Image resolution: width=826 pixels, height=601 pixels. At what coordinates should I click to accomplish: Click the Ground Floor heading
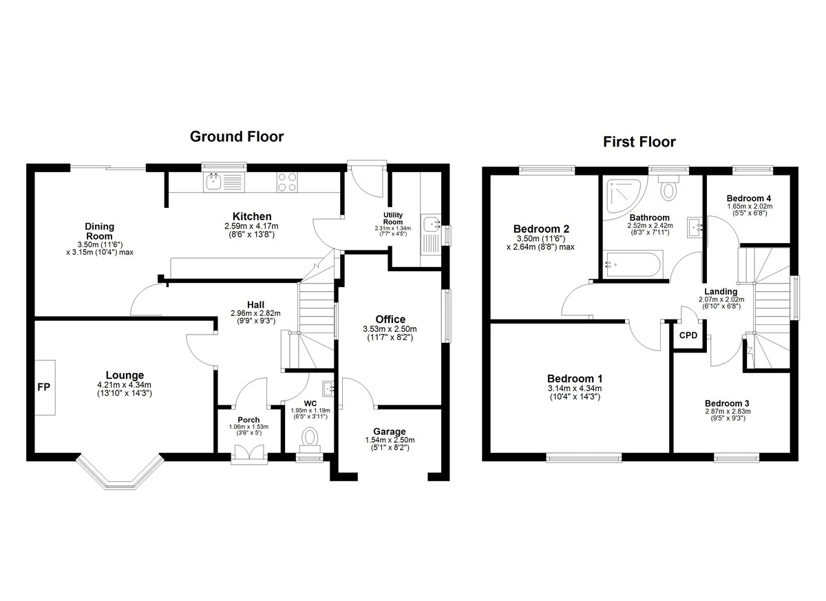(237, 137)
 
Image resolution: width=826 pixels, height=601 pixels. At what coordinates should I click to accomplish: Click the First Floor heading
(639, 142)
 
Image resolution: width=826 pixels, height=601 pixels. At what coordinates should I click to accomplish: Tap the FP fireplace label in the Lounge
(43, 387)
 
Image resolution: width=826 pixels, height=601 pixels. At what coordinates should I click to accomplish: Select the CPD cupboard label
(688, 335)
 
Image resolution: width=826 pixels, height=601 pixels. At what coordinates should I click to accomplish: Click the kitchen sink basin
(213, 182)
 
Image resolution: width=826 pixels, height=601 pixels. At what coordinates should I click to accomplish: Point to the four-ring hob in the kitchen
(287, 182)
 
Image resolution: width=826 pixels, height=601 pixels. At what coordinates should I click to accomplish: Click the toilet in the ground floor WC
(310, 440)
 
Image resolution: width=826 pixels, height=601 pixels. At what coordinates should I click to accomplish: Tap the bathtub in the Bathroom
(633, 263)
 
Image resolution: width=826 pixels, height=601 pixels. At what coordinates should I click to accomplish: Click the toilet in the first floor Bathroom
(668, 188)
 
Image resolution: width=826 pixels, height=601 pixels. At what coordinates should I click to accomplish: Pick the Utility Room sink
(430, 224)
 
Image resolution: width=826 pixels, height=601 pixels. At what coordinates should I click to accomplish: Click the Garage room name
(390, 432)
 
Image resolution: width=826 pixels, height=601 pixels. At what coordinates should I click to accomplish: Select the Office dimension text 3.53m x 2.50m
(390, 329)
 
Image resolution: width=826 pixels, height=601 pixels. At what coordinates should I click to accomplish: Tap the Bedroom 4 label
(749, 198)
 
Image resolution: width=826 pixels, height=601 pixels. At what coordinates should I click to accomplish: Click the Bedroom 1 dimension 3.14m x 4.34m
(575, 388)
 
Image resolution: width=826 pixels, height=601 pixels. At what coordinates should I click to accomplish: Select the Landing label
(721, 292)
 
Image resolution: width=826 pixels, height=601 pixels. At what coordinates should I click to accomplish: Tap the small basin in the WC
(328, 389)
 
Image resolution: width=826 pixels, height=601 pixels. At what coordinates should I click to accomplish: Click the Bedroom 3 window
(737, 458)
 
